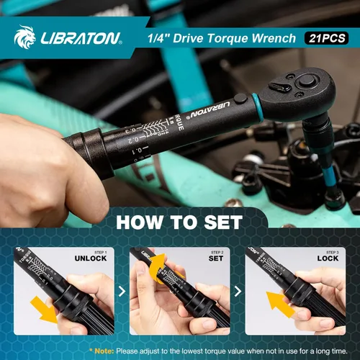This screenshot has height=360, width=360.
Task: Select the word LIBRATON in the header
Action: [79, 38]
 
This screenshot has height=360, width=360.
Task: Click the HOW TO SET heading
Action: [179, 222]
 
